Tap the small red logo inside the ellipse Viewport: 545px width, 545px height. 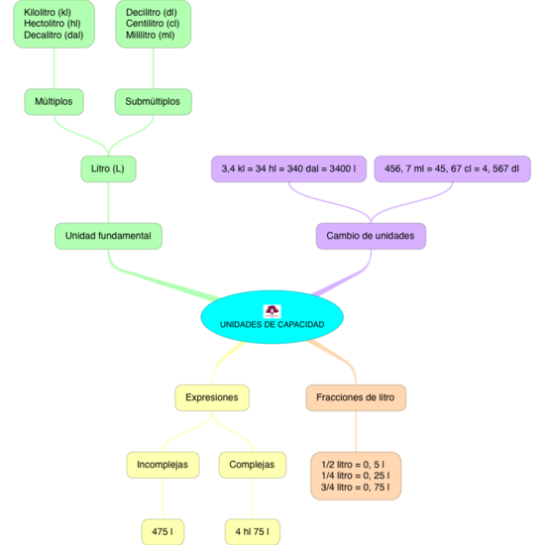272,311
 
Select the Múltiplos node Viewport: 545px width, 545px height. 54,101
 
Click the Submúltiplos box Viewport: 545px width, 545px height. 153,101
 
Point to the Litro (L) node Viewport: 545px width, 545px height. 107,168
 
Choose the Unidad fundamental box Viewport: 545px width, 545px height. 107,236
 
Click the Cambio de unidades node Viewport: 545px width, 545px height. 371,236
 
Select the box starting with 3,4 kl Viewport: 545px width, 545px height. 288,168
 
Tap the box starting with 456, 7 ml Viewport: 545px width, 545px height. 452,168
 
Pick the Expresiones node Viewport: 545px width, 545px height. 212,397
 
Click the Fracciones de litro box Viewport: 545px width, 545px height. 355,397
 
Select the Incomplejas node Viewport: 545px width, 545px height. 162,464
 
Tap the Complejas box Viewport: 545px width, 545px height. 252,464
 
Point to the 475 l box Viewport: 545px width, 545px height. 162,531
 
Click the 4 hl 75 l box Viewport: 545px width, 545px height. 252,531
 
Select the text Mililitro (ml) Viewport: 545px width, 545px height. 151,35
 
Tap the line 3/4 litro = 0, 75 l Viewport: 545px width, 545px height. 355,487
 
